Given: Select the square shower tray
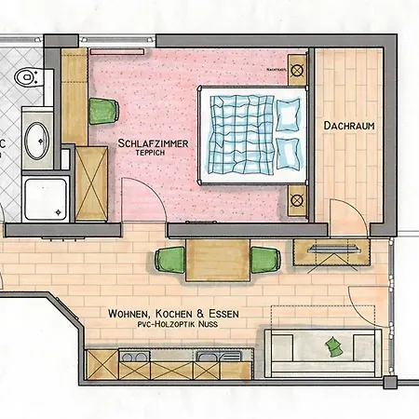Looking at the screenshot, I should pyautogui.click(x=43, y=196).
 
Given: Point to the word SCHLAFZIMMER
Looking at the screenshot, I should pyautogui.click(x=153, y=143).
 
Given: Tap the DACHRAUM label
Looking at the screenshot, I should pyautogui.click(x=348, y=125).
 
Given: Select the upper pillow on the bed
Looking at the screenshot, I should pyautogui.click(x=291, y=115).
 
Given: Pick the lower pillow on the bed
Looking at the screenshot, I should pyautogui.click(x=291, y=153).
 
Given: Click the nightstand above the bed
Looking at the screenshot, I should pyautogui.click(x=298, y=69).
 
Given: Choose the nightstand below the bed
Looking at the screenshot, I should pyautogui.click(x=298, y=198).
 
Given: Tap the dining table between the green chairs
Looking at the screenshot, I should pyautogui.click(x=217, y=258).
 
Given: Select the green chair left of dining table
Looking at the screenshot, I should pyautogui.click(x=171, y=260).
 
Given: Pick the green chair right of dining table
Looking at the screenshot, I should pyautogui.click(x=264, y=260).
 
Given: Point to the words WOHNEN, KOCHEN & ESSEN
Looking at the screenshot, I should pyautogui.click(x=172, y=315).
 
